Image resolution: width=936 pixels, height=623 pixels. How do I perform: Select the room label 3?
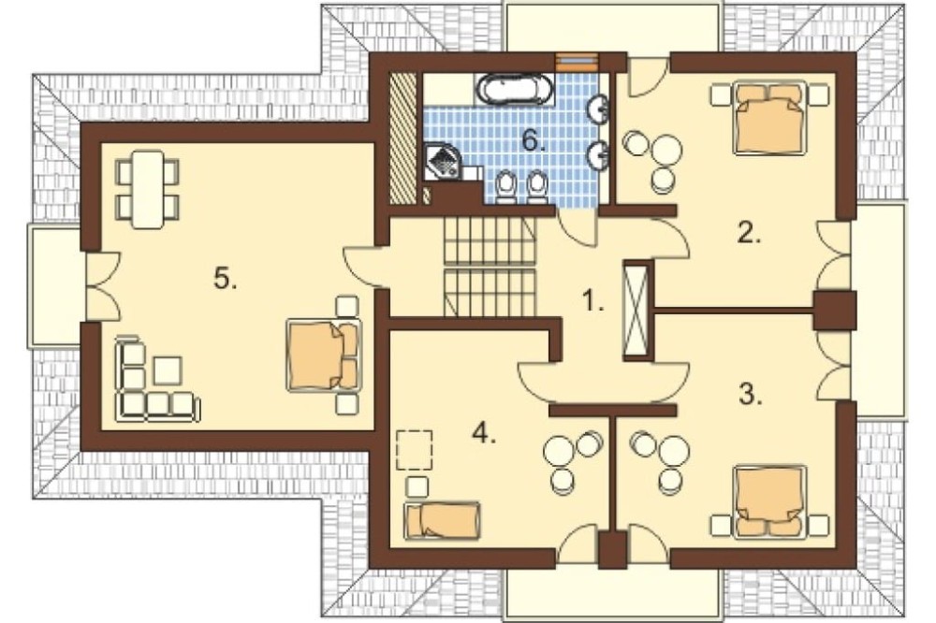pos(751,395)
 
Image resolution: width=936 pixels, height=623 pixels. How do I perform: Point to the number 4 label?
pos(484,434)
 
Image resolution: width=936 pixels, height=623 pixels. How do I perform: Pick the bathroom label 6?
pos(534,141)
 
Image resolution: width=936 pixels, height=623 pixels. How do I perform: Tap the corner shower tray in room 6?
pos(443,161)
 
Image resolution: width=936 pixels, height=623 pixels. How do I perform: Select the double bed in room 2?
pos(768,118)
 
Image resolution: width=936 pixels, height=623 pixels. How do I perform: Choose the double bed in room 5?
pos(323,355)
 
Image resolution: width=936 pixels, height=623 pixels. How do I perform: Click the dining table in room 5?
pos(148,189)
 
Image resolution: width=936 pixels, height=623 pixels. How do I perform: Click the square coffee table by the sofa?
pos(168,370)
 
